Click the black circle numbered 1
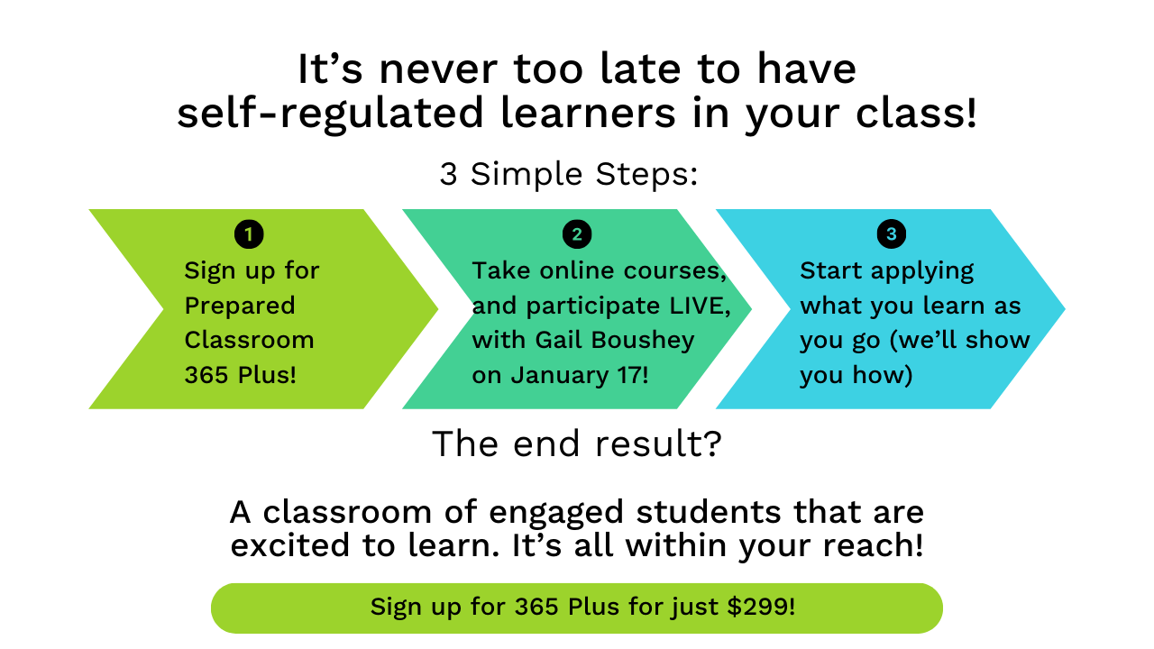pos(249,234)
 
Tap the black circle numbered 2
pos(577,234)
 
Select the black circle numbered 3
pos(892,234)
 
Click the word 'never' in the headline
pos(438,69)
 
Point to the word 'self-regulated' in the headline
pos(330,113)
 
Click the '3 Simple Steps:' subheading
pos(569,174)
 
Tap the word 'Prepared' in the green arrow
pos(240,306)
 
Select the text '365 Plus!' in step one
pos(241,374)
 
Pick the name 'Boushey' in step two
pos(643,340)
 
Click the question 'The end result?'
pos(576,443)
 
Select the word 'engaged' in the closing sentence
pos(556,513)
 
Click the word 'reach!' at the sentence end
pos(873,545)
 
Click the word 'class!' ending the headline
pos(915,113)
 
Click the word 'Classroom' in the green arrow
pos(250,340)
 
